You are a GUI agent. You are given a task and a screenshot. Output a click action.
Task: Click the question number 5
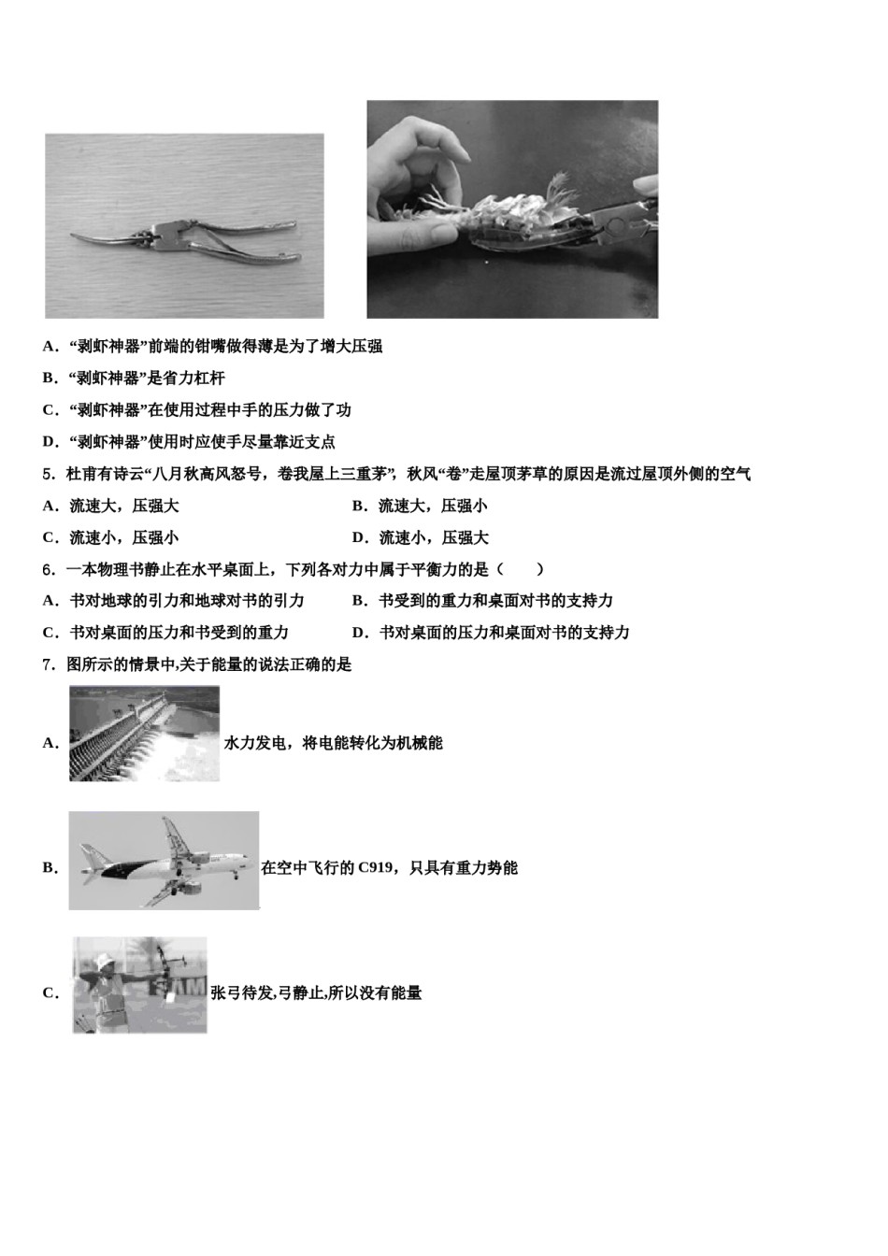click(x=48, y=474)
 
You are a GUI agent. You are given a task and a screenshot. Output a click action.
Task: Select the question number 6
click(x=48, y=569)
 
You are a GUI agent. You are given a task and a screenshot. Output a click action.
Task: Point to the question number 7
click(x=48, y=664)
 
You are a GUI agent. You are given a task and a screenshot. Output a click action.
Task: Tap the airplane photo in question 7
click(x=164, y=861)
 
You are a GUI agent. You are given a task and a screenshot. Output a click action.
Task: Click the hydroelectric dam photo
click(x=144, y=734)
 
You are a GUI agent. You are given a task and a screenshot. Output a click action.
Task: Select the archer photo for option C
click(x=139, y=985)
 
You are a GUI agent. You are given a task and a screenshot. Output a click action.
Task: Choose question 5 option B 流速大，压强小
click(x=420, y=506)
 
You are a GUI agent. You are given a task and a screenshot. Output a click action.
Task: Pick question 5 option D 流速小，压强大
click(x=420, y=537)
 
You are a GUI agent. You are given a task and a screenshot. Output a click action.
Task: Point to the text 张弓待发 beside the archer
click(x=241, y=992)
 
